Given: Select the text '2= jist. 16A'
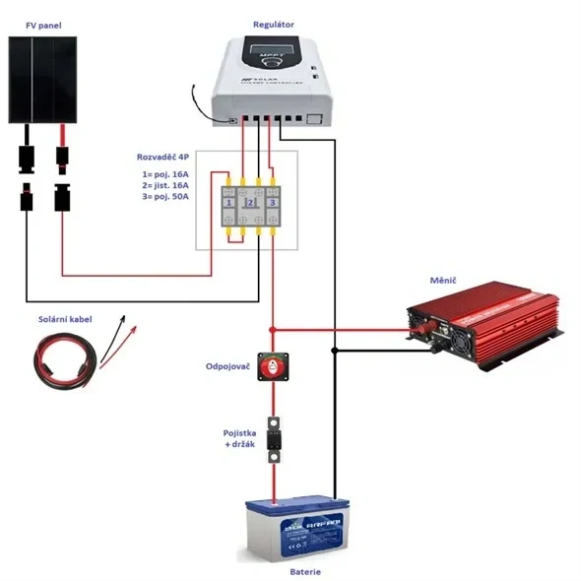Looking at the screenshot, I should click(x=166, y=185).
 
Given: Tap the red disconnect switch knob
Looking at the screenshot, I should click(x=273, y=366).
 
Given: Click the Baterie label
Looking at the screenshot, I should click(x=304, y=571).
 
